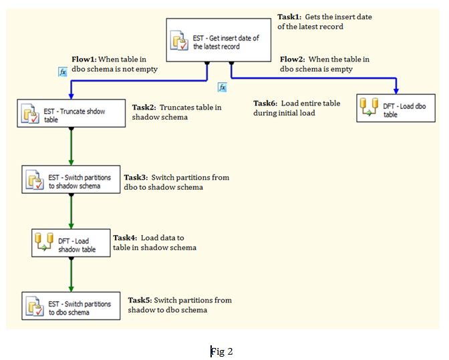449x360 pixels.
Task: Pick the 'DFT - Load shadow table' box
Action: pyautogui.click(x=71, y=245)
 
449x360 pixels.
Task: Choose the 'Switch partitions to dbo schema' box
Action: pyautogui.click(x=71, y=307)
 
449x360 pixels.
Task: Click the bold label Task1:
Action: pyautogui.click(x=290, y=16)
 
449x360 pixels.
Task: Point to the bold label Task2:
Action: pyautogui.click(x=144, y=107)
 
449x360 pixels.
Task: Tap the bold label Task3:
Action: pyautogui.click(x=136, y=178)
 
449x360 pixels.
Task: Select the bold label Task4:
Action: pyautogui.click(x=126, y=238)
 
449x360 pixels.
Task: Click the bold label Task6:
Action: pyautogui.click(x=265, y=104)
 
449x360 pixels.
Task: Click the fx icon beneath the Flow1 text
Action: pyautogui.click(x=63, y=71)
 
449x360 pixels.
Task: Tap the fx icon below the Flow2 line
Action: pyautogui.click(x=222, y=87)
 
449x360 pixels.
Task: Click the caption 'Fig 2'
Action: pyautogui.click(x=222, y=351)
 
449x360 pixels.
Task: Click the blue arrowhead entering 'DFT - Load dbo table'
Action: pyautogui.click(x=397, y=90)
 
